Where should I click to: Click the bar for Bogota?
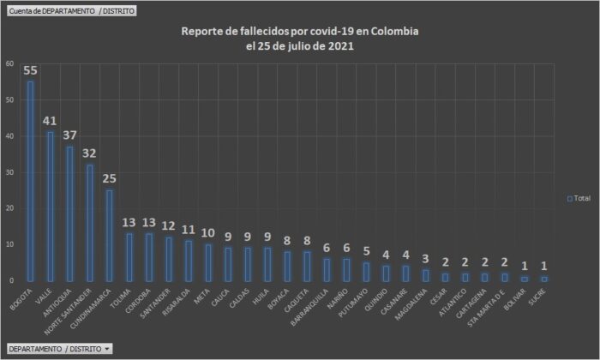click(x=31, y=181)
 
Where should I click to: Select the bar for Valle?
click(x=51, y=206)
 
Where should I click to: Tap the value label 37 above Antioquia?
click(x=69, y=135)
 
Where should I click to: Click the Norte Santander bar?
click(x=90, y=222)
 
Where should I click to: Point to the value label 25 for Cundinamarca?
click(x=109, y=178)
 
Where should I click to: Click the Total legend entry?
click(x=579, y=198)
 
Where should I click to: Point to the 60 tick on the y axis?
click(x=9, y=63)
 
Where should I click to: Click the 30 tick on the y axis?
click(x=9, y=172)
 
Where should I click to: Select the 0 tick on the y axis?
click(x=10, y=280)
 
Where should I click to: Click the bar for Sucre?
click(x=544, y=279)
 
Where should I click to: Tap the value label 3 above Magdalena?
click(x=426, y=259)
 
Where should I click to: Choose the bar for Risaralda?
click(x=189, y=261)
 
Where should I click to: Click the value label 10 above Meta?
click(x=208, y=233)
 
